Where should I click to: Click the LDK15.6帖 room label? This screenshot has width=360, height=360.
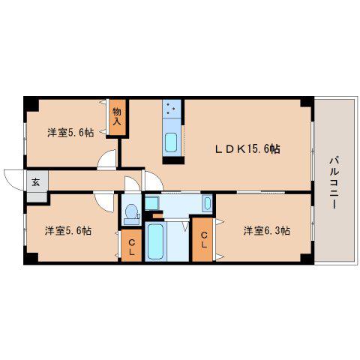point(247,149)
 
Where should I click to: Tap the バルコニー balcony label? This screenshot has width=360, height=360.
point(334,182)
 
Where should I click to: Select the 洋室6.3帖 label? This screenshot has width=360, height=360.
point(267,230)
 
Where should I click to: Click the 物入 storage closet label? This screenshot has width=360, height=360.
point(117,116)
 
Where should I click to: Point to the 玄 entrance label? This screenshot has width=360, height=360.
point(36,182)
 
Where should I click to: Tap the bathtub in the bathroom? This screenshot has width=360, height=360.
point(155,241)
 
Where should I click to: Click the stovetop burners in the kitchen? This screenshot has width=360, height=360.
point(172,109)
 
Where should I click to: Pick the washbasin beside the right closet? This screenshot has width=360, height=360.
point(207,203)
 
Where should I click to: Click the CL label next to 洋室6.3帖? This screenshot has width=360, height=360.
point(204,240)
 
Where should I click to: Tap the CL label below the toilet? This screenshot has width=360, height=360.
point(131,247)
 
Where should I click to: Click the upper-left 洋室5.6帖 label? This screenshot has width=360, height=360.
point(70,133)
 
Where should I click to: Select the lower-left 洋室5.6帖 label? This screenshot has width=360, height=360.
point(68,230)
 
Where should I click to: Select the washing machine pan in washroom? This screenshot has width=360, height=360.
point(151,203)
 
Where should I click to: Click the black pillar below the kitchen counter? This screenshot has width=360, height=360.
point(173,160)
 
